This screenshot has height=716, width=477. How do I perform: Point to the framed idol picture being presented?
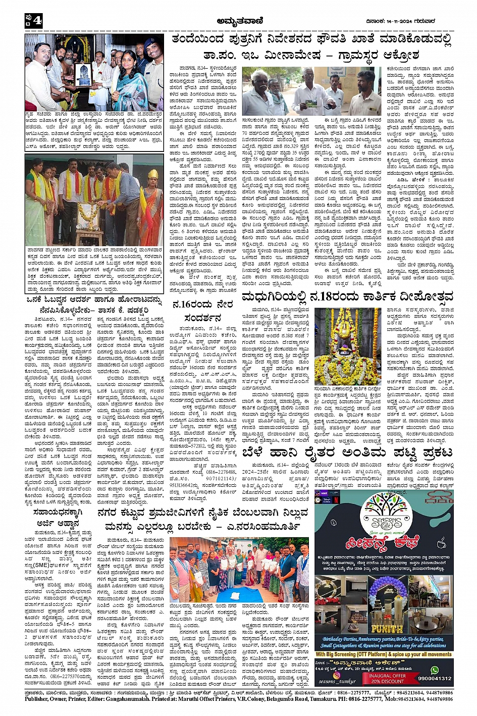[82, 74]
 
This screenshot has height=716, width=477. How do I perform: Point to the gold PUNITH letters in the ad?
[386, 629]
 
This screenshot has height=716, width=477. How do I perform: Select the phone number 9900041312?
[435, 678]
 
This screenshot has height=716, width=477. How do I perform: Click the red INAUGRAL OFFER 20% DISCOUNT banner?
[387, 678]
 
